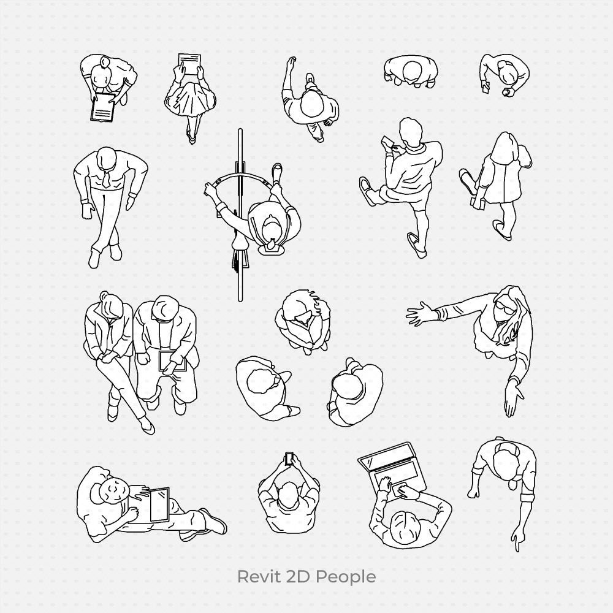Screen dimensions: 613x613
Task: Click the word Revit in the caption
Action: pos(256,577)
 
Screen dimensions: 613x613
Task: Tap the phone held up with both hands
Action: pos(289,459)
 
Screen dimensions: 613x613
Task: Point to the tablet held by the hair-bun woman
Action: pos(102,109)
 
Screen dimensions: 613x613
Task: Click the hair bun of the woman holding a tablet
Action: pos(105,63)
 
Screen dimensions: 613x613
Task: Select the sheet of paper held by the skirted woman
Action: pos(189,62)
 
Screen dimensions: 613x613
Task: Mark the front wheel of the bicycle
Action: pos(240,153)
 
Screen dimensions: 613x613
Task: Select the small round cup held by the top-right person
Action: pos(506,93)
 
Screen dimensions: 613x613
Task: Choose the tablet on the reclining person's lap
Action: pos(159,504)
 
